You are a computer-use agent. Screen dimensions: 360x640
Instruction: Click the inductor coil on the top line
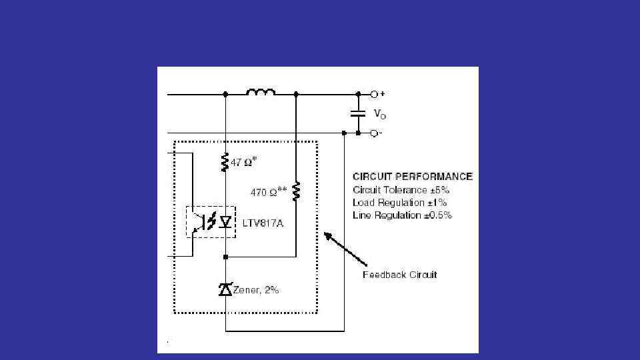coord(261,92)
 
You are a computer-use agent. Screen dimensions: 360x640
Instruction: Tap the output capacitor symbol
coord(358,113)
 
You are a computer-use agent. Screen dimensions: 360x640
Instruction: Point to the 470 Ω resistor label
coord(269,192)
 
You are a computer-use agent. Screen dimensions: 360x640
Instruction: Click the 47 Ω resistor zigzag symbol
coord(225,162)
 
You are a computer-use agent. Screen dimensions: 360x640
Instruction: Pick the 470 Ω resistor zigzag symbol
coord(296,192)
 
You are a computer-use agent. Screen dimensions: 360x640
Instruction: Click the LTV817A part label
coord(262,223)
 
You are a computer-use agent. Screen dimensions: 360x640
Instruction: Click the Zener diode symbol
coord(225,289)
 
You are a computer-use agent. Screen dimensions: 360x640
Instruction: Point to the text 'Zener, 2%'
coord(256,290)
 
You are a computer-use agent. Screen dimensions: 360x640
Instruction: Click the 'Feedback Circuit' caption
coord(399,275)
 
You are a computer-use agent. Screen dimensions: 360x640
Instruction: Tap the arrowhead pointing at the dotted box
coord(327,235)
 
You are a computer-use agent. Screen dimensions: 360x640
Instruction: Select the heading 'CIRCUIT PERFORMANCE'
coord(413,177)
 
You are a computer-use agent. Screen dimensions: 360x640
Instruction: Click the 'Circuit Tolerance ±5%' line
coord(401,190)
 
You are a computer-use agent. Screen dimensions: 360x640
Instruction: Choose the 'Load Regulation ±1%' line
coord(399,203)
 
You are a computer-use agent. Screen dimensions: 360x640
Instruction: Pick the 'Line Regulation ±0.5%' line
coord(402,215)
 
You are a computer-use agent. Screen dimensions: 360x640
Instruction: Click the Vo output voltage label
coord(379,115)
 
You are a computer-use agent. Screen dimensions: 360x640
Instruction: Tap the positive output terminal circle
coord(375,95)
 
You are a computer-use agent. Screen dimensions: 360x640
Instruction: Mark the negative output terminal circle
coord(375,133)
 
